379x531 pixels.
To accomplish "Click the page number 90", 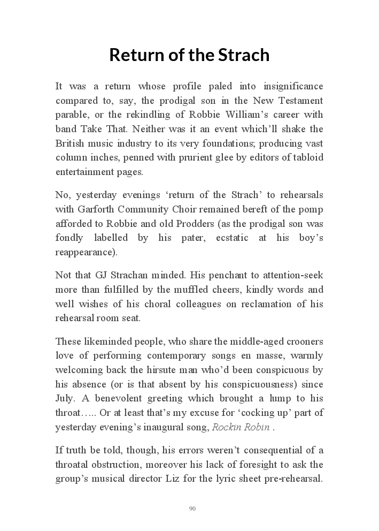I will coord(192,509).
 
